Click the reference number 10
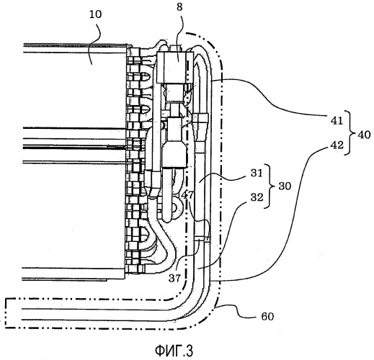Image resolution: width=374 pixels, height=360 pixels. [96, 14]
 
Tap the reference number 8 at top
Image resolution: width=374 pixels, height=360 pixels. [179, 7]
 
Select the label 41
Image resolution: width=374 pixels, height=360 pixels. [337, 120]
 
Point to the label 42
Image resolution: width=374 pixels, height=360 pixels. [337, 145]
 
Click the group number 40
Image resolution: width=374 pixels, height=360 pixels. [364, 135]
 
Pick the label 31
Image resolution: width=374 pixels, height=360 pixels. [257, 173]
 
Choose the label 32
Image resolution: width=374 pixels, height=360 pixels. [257, 197]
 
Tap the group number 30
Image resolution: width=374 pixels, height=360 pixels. [285, 186]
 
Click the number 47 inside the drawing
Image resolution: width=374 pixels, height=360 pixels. [187, 195]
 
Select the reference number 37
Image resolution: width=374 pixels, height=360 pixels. [174, 278]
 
